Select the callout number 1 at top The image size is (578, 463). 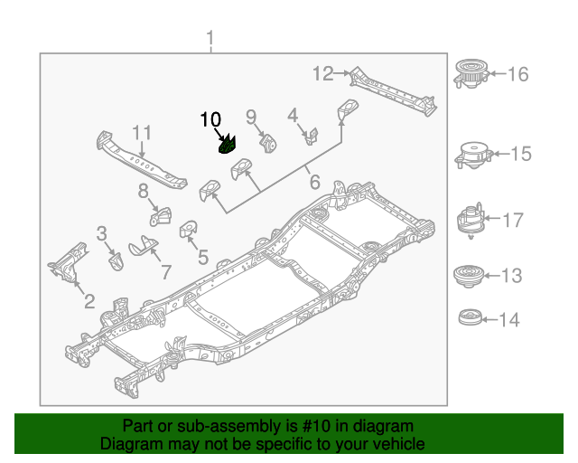(210, 40)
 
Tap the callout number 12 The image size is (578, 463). (323, 73)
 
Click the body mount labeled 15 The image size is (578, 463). (471, 155)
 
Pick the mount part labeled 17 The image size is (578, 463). (468, 219)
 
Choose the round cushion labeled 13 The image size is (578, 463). (467, 275)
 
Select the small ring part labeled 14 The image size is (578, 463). (467, 318)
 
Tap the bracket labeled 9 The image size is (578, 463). (268, 143)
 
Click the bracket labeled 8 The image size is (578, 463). (161, 219)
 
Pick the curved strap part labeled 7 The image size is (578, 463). (142, 245)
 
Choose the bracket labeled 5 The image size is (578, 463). (191, 231)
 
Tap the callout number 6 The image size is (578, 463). (314, 182)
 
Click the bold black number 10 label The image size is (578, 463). (210, 119)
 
